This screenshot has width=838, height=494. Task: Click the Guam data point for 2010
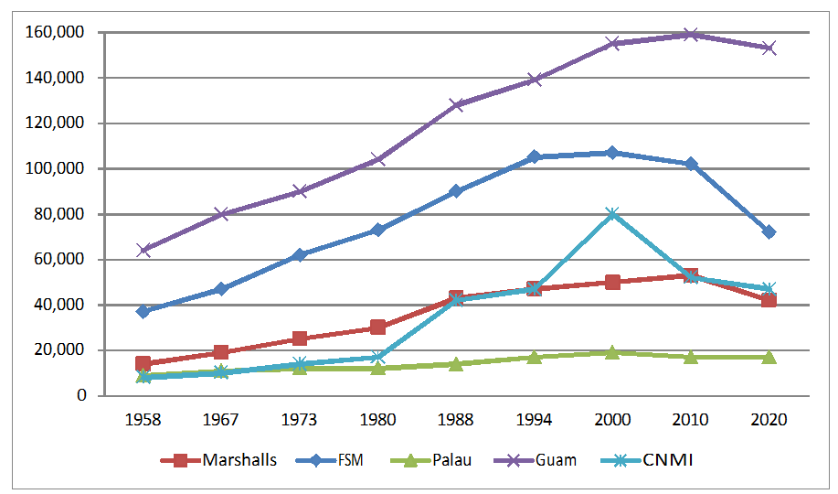(691, 35)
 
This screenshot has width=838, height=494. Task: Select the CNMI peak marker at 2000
(612, 214)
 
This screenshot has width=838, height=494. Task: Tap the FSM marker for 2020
(769, 232)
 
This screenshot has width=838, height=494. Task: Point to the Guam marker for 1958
(143, 250)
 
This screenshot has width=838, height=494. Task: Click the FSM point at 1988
(456, 191)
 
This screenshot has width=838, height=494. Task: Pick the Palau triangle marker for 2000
(612, 351)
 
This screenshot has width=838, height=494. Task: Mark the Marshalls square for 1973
(300, 338)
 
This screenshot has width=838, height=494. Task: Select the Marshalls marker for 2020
(769, 300)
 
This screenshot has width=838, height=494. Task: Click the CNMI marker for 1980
(377, 357)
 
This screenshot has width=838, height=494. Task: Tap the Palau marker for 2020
(769, 357)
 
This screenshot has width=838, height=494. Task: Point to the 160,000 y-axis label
(58, 33)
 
